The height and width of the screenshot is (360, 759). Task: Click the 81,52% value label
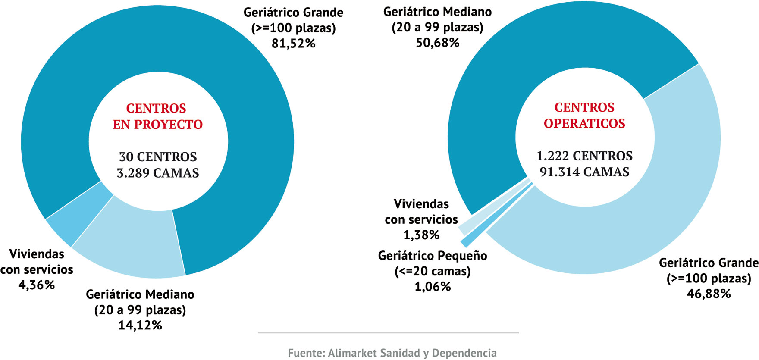pos(293,43)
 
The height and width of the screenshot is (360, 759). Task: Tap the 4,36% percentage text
pos(37,285)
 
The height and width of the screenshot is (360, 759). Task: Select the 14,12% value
pos(140,325)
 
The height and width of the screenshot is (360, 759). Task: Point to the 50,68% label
pos(438,43)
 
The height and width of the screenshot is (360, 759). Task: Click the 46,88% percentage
pos(709,294)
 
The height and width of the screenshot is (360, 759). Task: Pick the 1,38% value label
pos(421,235)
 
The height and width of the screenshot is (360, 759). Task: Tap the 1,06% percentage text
pos(433,287)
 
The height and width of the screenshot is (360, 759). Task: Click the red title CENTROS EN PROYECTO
pos(157,116)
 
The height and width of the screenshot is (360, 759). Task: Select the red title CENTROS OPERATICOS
pos(584,116)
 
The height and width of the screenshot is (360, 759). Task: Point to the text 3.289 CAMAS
pos(158,173)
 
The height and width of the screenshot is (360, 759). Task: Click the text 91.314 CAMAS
pos(584,172)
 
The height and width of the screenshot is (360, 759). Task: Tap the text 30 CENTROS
pos(158,157)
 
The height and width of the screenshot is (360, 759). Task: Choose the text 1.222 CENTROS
pos(584,156)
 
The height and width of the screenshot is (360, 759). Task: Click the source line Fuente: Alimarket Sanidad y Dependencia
pos(392,353)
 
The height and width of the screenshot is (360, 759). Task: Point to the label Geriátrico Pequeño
pos(433,256)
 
